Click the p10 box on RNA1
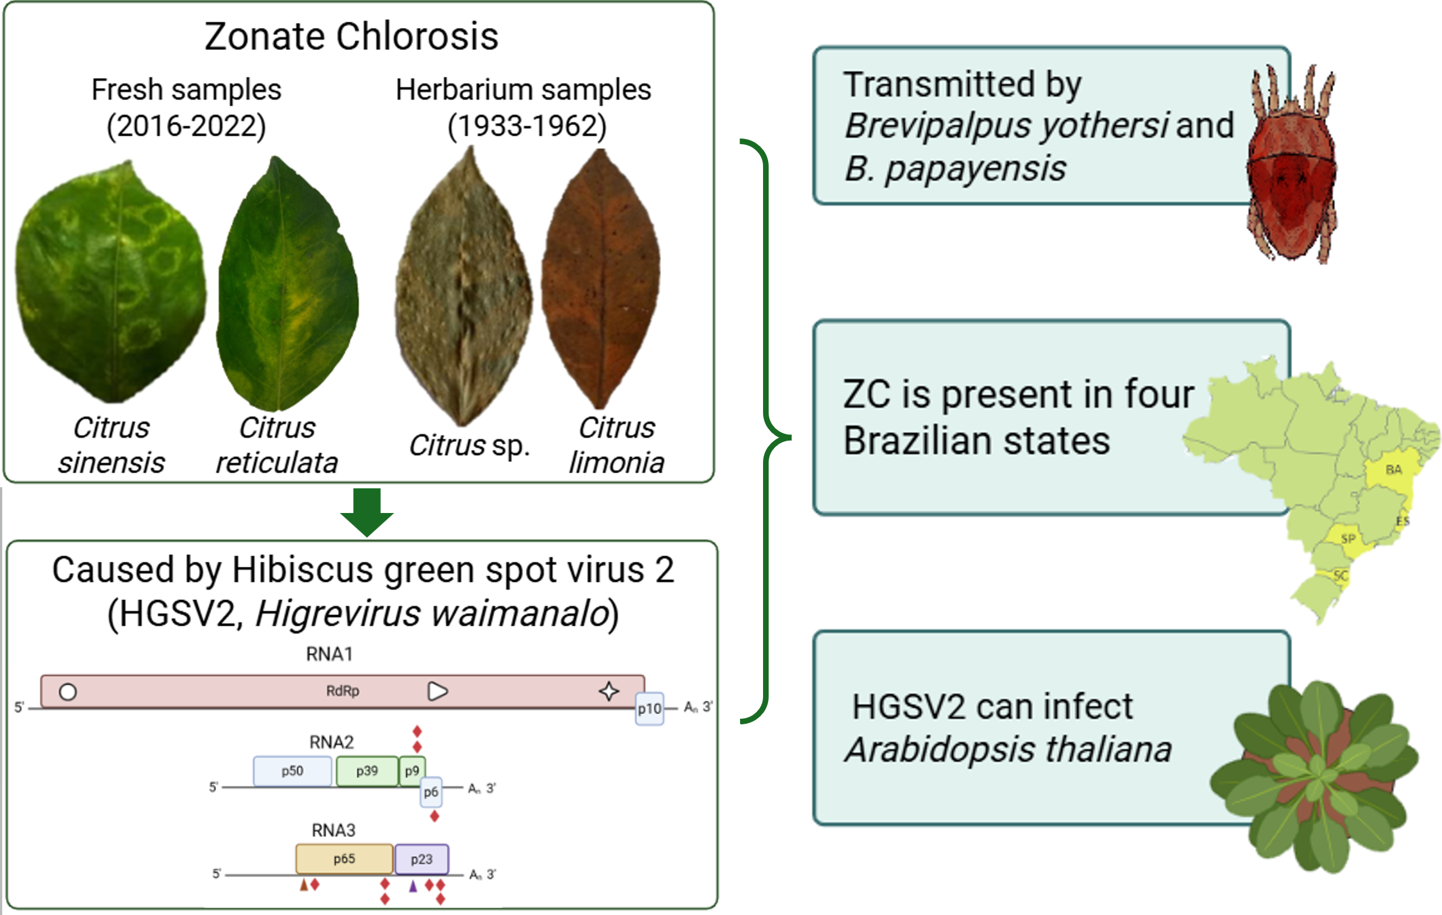(x=649, y=709)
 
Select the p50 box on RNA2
(x=292, y=771)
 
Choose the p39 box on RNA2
(x=367, y=771)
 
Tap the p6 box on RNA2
(x=431, y=792)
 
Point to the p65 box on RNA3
(x=344, y=859)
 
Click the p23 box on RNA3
(x=422, y=859)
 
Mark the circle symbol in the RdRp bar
(x=68, y=692)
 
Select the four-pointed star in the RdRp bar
(x=609, y=691)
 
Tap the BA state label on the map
(x=1393, y=469)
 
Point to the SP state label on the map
(x=1348, y=538)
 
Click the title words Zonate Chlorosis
(x=352, y=36)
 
